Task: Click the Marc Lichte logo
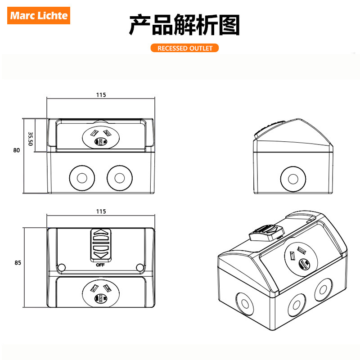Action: tap(39, 15)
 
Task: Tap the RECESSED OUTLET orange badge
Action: tap(184, 48)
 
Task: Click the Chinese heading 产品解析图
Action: tap(184, 25)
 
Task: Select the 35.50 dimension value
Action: tap(30, 139)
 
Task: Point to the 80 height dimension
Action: tap(17, 150)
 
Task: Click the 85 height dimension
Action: tap(18, 262)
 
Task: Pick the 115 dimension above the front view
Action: tap(101, 95)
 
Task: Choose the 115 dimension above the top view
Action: tap(101, 211)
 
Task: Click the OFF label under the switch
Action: tap(100, 265)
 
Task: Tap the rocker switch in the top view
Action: tap(101, 245)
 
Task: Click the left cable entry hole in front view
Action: tap(82, 178)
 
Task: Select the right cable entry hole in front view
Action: tap(120, 178)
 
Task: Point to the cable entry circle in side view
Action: tap(293, 179)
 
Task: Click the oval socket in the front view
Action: tap(101, 138)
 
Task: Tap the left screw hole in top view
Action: tap(61, 267)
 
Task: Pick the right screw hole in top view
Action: tap(140, 267)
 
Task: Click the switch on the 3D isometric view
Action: tap(267, 233)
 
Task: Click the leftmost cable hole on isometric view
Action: tap(245, 304)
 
